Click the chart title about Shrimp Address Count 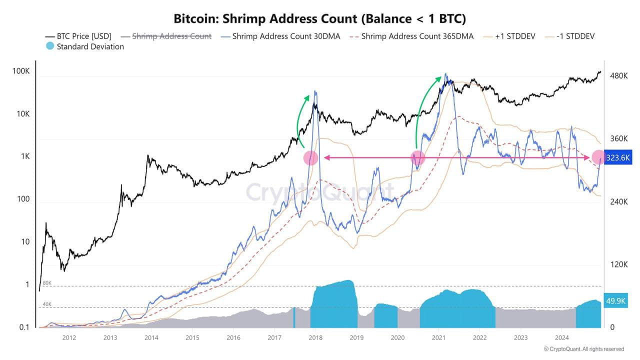point(319,18)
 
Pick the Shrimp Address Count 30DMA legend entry point(280,36)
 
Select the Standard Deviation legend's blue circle point(50,46)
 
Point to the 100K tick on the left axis point(21,71)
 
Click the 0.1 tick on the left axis point(24,327)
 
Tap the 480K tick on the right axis point(618,76)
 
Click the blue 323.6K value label point(618,157)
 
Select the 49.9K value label point(616,301)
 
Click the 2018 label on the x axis point(315,338)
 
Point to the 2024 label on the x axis point(561,338)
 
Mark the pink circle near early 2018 point(311,158)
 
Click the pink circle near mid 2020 point(417,158)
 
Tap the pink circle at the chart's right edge point(598,157)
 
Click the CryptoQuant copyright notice point(583,349)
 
